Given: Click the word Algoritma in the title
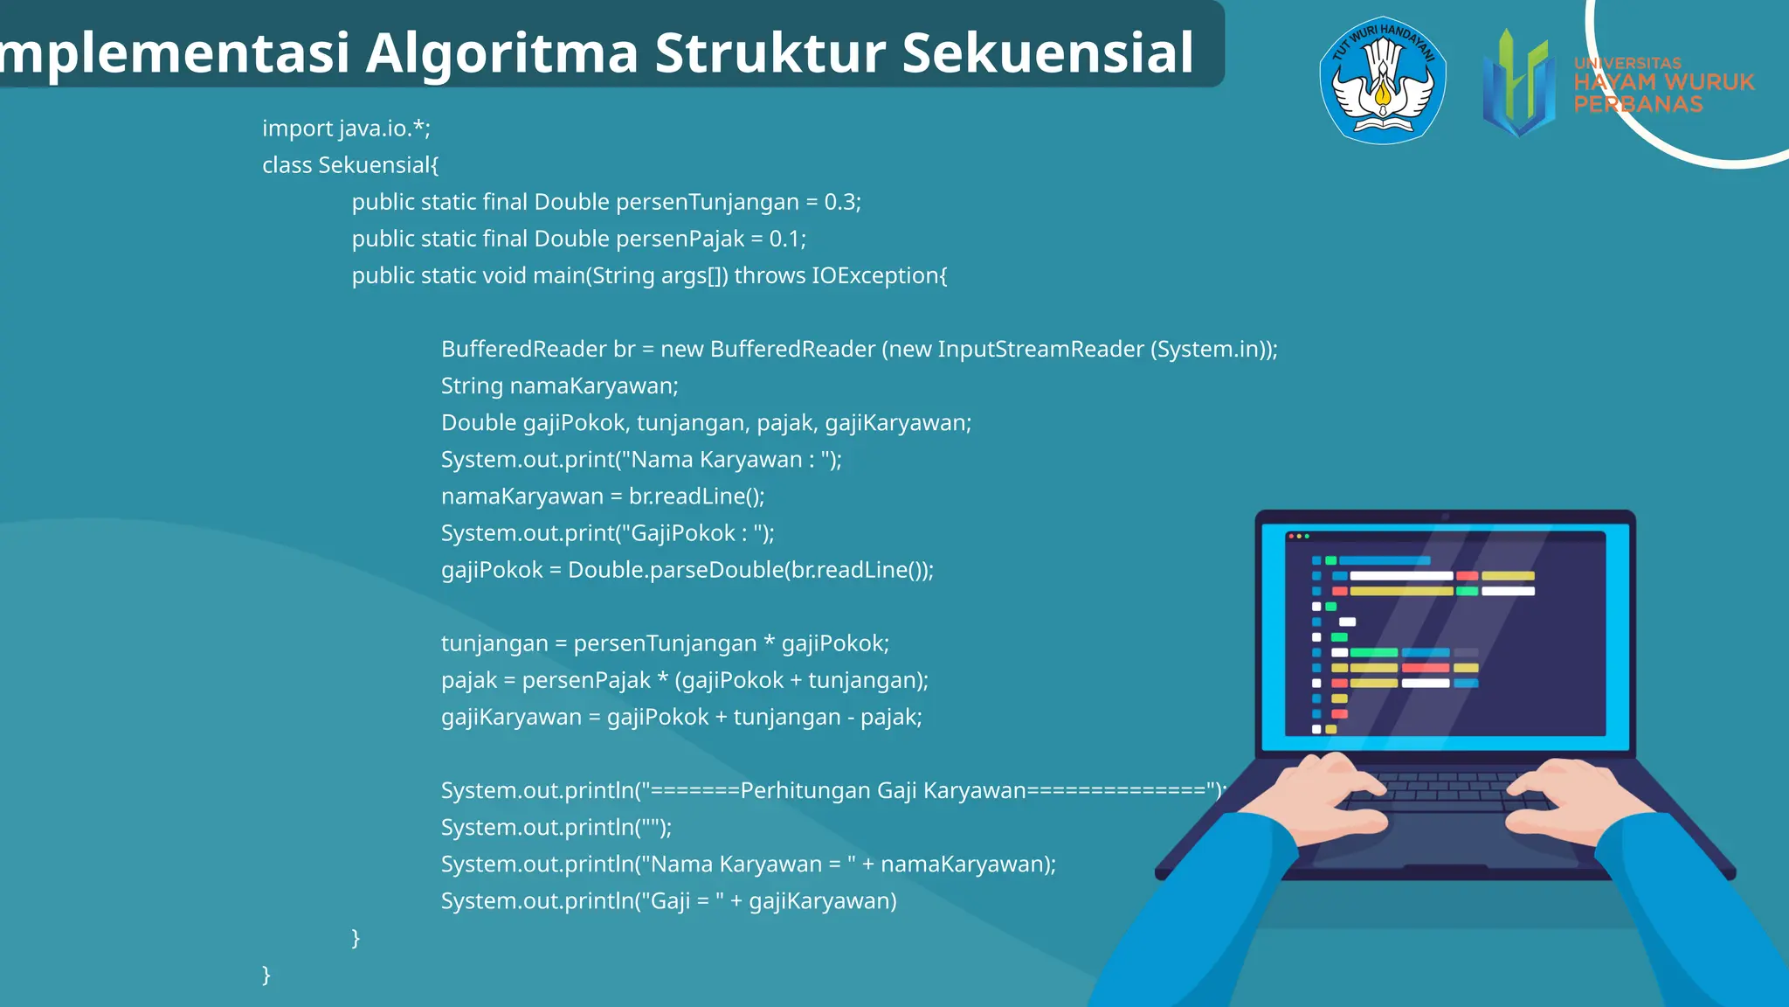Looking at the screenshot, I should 502,54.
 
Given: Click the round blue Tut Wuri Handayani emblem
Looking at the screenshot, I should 1382,80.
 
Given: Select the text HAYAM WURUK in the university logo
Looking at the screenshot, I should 1663,82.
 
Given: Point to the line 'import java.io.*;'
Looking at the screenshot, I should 346,128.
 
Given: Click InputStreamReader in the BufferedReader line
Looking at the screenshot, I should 1040,349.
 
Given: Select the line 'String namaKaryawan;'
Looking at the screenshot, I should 559,385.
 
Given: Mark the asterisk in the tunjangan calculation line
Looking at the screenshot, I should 769,643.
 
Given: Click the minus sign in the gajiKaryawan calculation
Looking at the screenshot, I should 850,718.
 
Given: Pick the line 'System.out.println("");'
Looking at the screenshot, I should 556,827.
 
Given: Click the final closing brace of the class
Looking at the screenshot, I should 266,974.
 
